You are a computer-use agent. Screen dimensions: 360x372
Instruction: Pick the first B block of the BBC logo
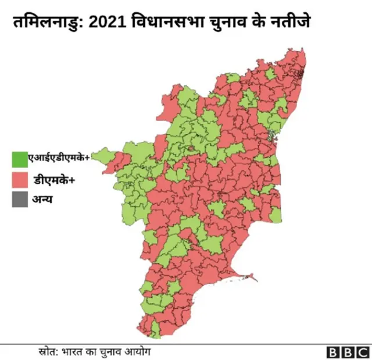click(x=332, y=352)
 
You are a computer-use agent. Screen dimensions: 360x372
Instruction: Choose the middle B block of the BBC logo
click(x=347, y=352)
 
